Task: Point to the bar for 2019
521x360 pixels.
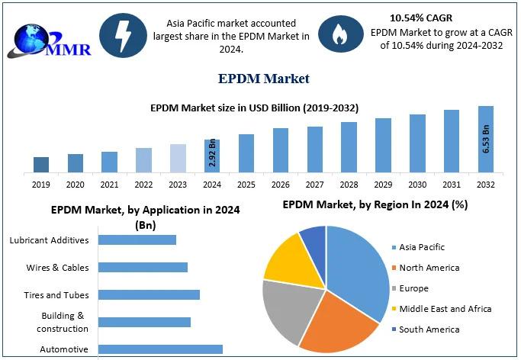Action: coord(41,164)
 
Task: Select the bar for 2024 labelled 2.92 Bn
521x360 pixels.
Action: coord(212,156)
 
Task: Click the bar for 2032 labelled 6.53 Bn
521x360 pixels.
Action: coord(485,139)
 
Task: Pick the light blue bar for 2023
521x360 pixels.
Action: coord(178,158)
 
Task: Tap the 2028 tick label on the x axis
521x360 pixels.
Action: coord(349,185)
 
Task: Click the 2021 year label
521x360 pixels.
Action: coord(109,185)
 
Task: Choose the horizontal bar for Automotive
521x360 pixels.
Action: coord(161,349)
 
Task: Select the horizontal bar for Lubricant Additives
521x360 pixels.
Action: coord(137,239)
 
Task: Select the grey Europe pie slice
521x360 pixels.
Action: coord(289,312)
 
